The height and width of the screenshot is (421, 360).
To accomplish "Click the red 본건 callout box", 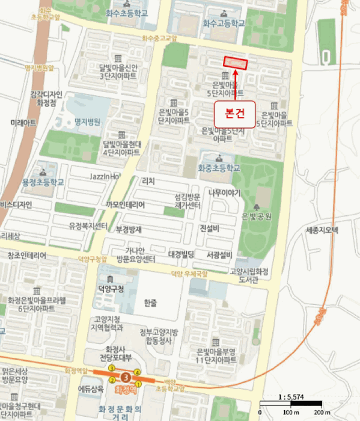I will (236, 112).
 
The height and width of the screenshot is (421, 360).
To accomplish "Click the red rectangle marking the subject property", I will (236, 62).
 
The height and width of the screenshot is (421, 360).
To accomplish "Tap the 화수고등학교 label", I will (224, 23).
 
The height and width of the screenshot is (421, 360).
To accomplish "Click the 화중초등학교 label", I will (219, 168).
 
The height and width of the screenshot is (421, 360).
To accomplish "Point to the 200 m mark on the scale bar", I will (322, 413).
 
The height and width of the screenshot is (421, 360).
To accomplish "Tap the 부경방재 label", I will (128, 229).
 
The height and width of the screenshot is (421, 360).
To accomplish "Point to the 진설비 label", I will (210, 229).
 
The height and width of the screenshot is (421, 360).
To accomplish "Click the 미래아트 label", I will (23, 122).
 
